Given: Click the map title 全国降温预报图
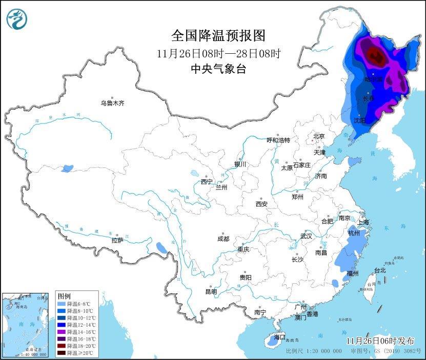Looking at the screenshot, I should click(219, 35).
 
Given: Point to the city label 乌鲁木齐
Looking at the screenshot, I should click(112, 103).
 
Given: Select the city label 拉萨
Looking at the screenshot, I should click(117, 240).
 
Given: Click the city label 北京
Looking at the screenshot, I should click(319, 136).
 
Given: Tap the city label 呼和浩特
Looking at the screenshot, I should click(278, 140).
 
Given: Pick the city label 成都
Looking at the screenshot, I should click(223, 239).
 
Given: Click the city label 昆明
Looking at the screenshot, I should click(211, 291).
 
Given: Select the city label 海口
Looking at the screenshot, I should click(279, 337).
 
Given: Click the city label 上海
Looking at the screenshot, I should click(363, 222).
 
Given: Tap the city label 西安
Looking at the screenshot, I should click(261, 204).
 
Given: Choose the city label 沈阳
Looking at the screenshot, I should click(360, 120).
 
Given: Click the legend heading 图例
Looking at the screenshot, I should click(64, 297).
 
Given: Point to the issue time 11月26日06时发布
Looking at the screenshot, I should click(380, 341).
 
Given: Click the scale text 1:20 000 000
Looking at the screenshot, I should click(323, 351).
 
